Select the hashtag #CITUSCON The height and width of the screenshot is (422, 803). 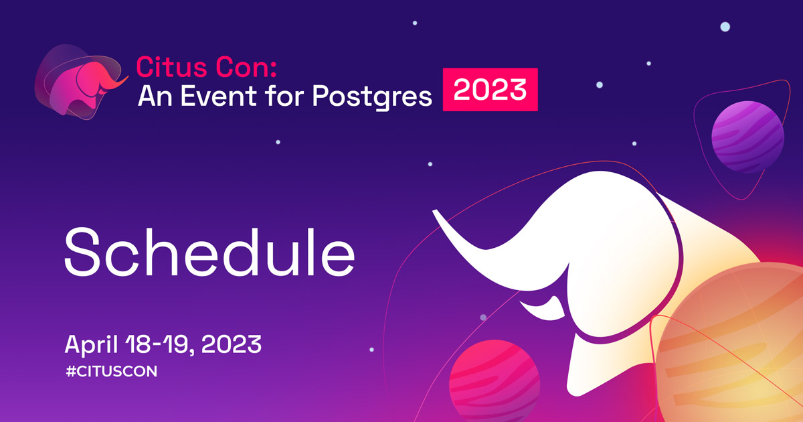pos(111,371)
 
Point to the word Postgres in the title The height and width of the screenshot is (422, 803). pos(372,97)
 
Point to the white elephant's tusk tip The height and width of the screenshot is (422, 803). pos(436,213)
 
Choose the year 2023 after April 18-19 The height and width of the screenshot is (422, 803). pos(230,345)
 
